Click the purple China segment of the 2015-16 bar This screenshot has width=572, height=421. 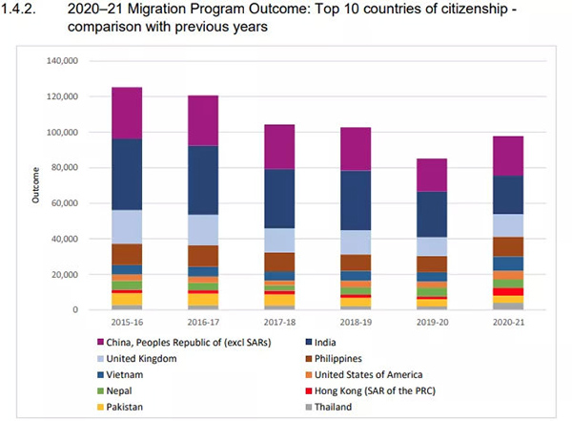(126, 113)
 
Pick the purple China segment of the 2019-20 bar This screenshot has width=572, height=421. (431, 175)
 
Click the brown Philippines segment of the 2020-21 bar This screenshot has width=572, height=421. (507, 246)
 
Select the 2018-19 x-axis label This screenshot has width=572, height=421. (355, 323)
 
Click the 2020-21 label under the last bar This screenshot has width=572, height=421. (507, 323)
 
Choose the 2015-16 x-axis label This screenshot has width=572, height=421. (126, 323)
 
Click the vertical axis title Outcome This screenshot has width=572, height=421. (37, 185)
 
